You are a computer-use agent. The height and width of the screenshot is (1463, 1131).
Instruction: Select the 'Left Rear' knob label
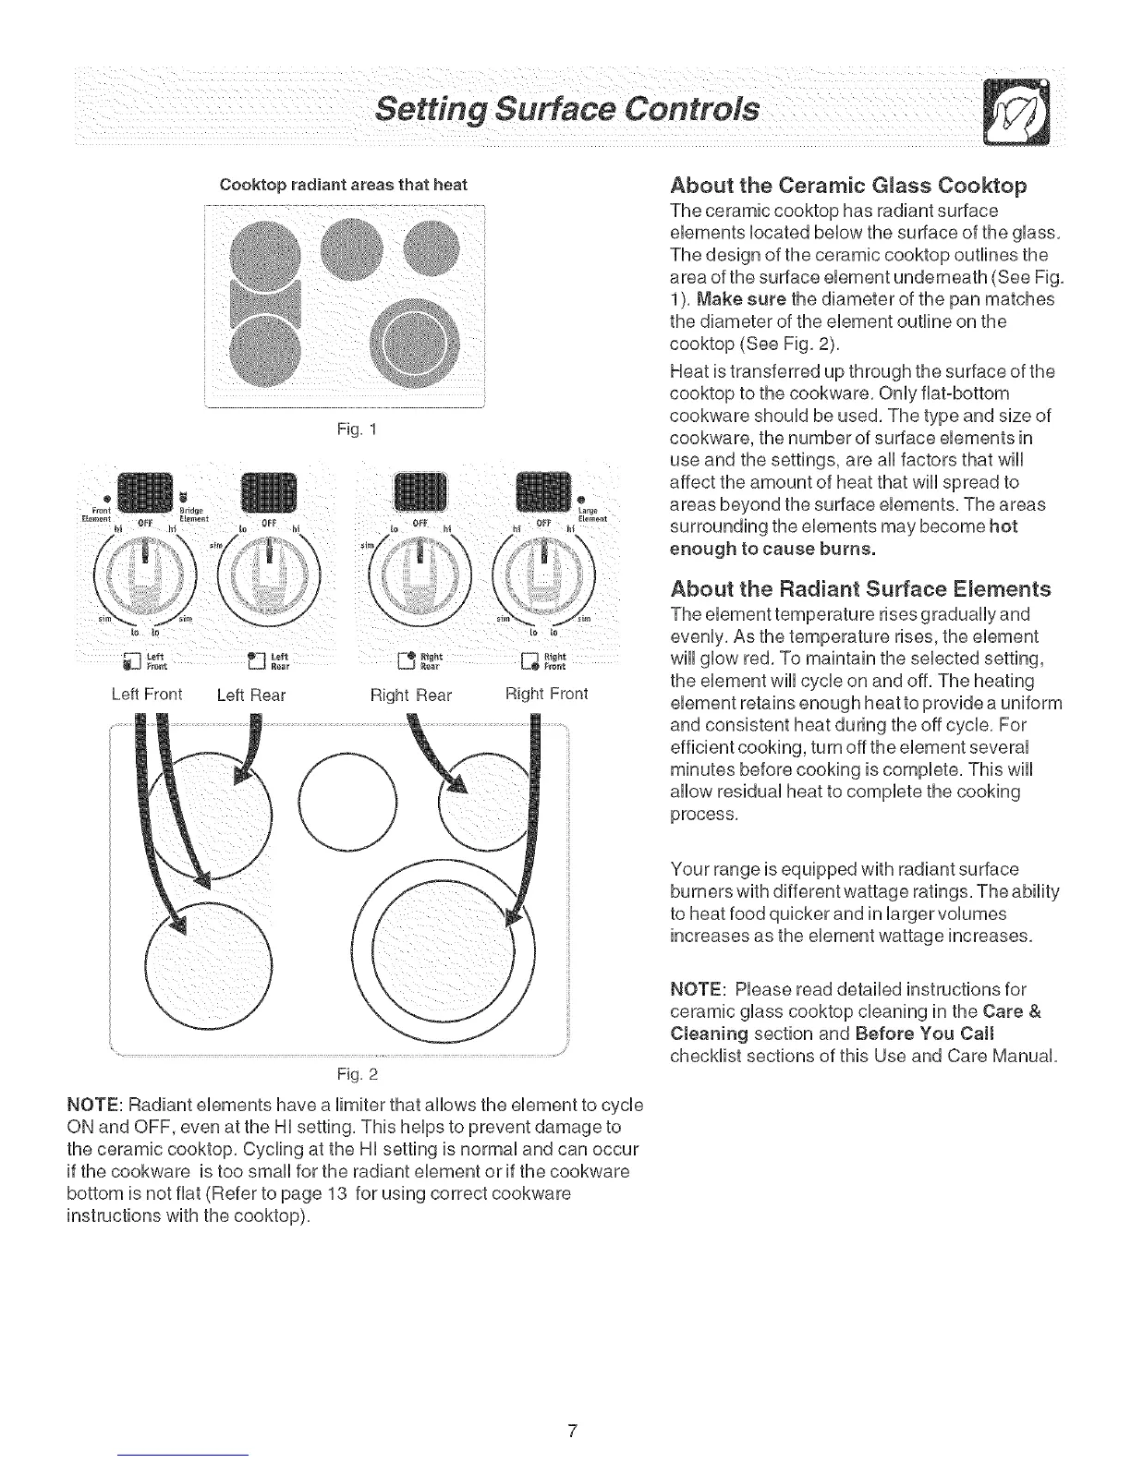pos(250,695)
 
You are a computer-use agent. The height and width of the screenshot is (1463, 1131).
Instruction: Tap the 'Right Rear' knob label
pos(410,695)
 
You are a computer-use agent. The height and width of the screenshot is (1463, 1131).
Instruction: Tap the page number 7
pos(572,1432)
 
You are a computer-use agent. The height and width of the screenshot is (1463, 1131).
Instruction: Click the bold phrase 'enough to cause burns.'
pos(772,549)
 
